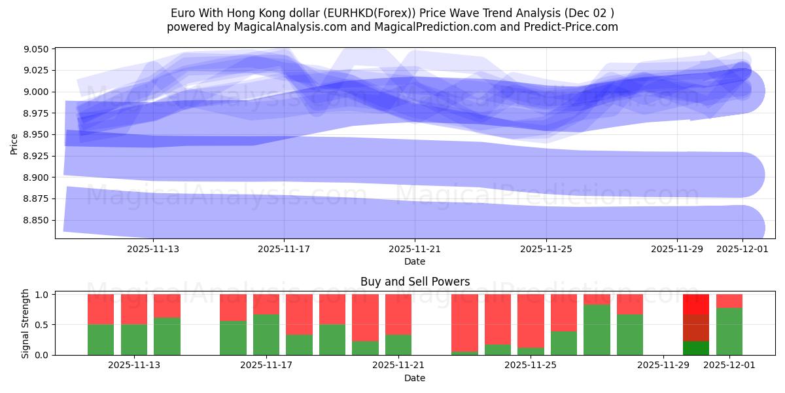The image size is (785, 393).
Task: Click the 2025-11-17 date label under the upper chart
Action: pos(284,249)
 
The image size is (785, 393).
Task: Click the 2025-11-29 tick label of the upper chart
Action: pos(677,249)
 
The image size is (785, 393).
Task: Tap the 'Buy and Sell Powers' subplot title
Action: pos(415,282)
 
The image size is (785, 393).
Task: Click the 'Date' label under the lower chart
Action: pos(415,378)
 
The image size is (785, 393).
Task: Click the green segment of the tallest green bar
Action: pos(597,330)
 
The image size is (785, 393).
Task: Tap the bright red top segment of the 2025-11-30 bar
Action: pos(696,304)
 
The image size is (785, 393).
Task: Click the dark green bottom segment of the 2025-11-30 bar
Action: pos(696,348)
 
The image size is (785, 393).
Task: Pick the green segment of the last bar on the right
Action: pos(729,331)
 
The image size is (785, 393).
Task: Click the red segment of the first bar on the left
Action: pos(101,309)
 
